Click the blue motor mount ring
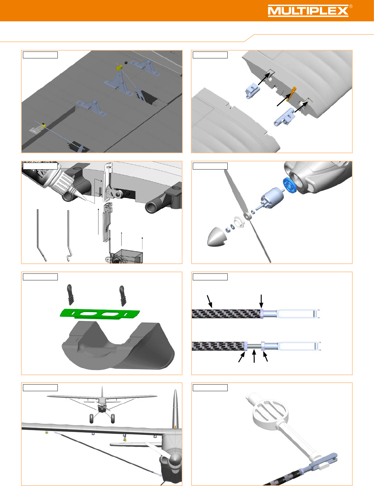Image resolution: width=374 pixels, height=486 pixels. (x=290, y=185)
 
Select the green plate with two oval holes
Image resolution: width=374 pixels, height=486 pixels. (x=100, y=313)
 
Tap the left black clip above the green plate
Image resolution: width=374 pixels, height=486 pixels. (x=70, y=294)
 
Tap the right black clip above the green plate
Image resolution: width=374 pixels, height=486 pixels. (x=122, y=296)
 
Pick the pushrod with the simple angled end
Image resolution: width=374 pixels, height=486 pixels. (x=41, y=235)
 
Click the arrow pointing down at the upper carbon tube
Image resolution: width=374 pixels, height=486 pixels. (x=261, y=301)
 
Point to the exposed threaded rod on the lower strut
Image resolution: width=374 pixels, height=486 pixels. (x=254, y=346)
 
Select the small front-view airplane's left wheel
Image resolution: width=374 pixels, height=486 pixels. (x=91, y=418)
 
